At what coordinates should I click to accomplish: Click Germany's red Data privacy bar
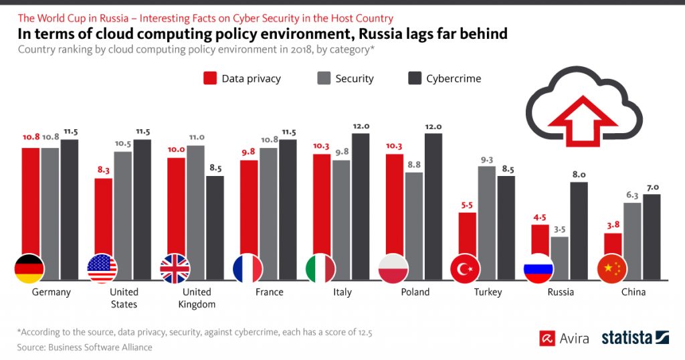31,201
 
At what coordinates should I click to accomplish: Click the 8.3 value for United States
103,171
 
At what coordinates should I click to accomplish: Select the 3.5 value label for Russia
559,229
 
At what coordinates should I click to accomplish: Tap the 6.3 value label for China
632,195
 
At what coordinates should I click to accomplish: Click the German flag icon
29,269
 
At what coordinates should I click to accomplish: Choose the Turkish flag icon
466,269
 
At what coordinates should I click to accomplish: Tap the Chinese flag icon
611,269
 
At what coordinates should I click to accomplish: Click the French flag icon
248,269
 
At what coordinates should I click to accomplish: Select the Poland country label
415,292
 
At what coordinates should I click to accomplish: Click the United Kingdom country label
197,298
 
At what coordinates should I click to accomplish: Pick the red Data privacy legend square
210,78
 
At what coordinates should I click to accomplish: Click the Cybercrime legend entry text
454,78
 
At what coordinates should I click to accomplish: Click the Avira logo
564,338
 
